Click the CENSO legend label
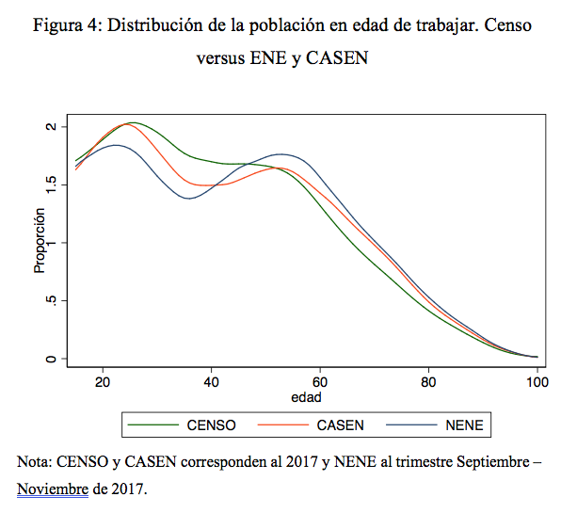[211, 425]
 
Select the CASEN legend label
[341, 425]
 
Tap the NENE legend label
[464, 425]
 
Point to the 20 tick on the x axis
[103, 382]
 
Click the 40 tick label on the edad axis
[211, 382]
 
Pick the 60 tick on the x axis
[320, 382]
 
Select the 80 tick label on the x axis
[428, 382]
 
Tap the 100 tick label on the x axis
[537, 382]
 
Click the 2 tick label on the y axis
[51, 126]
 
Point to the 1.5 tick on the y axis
[51, 184]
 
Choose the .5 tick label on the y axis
[51, 300]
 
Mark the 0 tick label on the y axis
[51, 359]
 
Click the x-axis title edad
[306, 397]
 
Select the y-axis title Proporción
[40, 241]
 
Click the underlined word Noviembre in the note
[53, 489]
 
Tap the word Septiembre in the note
[492, 461]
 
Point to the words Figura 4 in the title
[65, 25]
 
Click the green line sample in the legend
[152, 425]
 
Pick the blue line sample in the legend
[411, 425]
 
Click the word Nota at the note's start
[35, 461]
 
